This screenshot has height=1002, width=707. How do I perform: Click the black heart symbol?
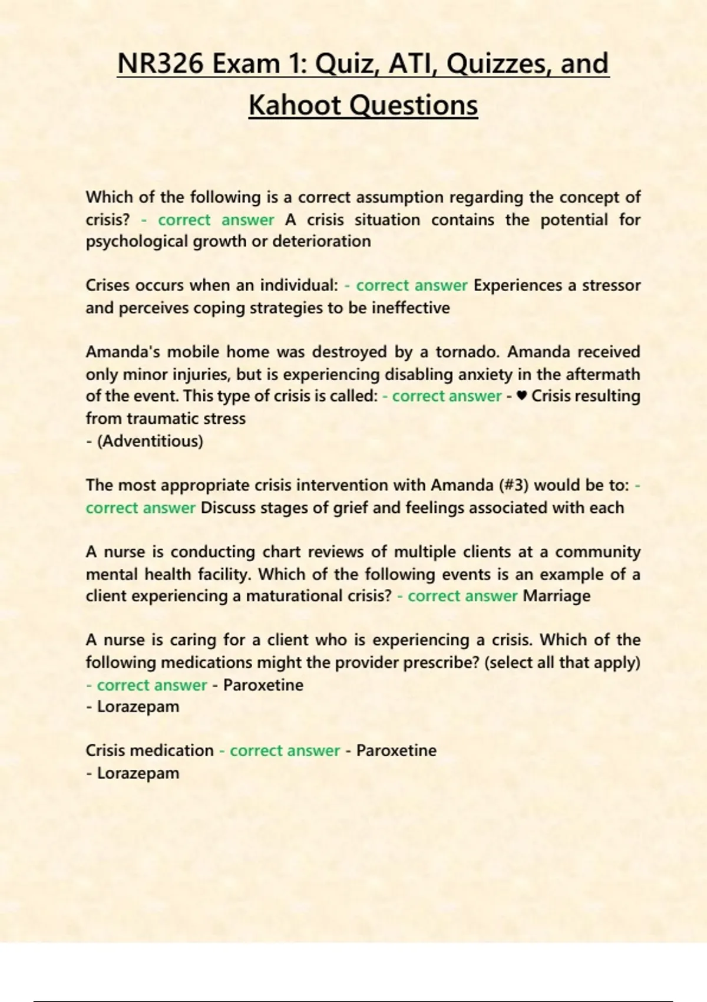coord(521,396)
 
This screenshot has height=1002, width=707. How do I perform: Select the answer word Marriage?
coord(556,596)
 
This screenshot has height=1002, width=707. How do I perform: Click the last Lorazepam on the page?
coord(138,773)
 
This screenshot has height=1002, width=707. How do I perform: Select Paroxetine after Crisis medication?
coord(396,750)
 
